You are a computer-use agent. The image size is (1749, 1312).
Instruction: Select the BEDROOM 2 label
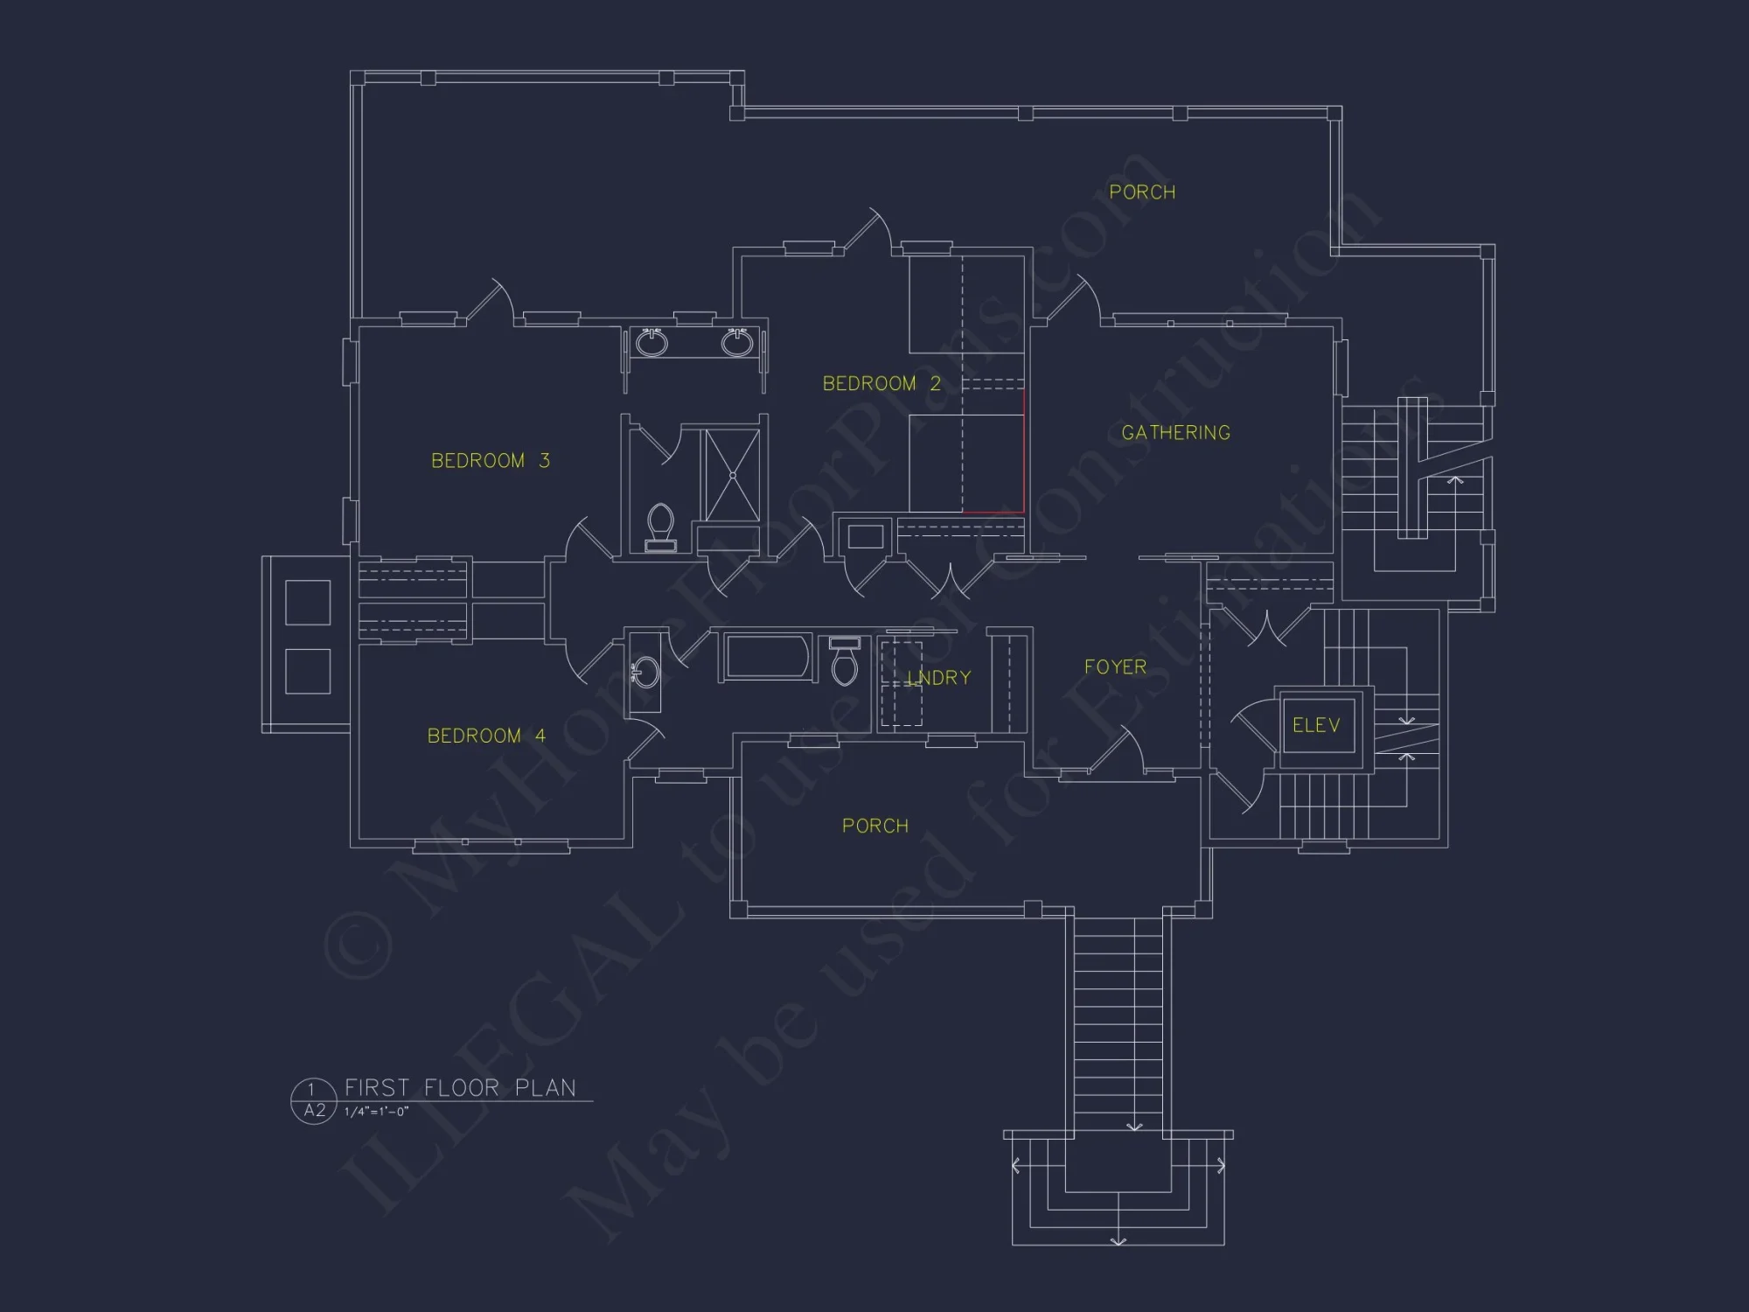(x=881, y=384)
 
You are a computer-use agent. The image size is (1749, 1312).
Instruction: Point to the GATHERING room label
(x=1175, y=433)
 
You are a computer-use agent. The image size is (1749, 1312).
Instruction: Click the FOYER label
(x=1115, y=667)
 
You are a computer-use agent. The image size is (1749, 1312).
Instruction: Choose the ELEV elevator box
(x=1316, y=725)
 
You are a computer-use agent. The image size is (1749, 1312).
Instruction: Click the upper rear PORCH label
(x=1142, y=192)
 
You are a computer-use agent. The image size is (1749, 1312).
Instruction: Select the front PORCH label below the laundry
(x=874, y=826)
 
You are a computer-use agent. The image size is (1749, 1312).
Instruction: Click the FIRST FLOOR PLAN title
(x=460, y=1087)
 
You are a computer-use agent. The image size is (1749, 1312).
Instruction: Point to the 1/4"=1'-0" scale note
(x=376, y=1112)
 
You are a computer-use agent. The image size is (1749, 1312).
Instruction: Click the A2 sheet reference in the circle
(x=314, y=1111)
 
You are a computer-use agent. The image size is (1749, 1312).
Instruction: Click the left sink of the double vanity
(x=652, y=343)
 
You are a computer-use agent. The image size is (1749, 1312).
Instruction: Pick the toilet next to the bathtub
(x=845, y=664)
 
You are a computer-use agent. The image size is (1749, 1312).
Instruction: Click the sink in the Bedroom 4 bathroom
(x=645, y=673)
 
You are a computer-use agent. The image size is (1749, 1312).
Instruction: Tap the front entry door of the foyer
(x=1115, y=752)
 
